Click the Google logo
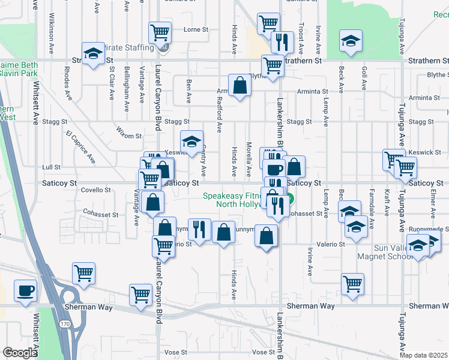click(20, 352)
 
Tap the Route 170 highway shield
click(64, 324)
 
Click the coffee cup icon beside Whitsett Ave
click(25, 291)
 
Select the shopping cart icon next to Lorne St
click(160, 31)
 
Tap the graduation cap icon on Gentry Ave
click(191, 142)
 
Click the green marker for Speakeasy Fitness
click(289, 199)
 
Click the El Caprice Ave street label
click(80, 147)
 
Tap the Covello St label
click(96, 190)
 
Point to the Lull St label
click(52, 167)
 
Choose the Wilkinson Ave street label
click(52, 26)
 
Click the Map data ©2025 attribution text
click(423, 355)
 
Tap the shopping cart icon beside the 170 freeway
click(83, 273)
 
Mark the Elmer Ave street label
click(431, 205)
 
